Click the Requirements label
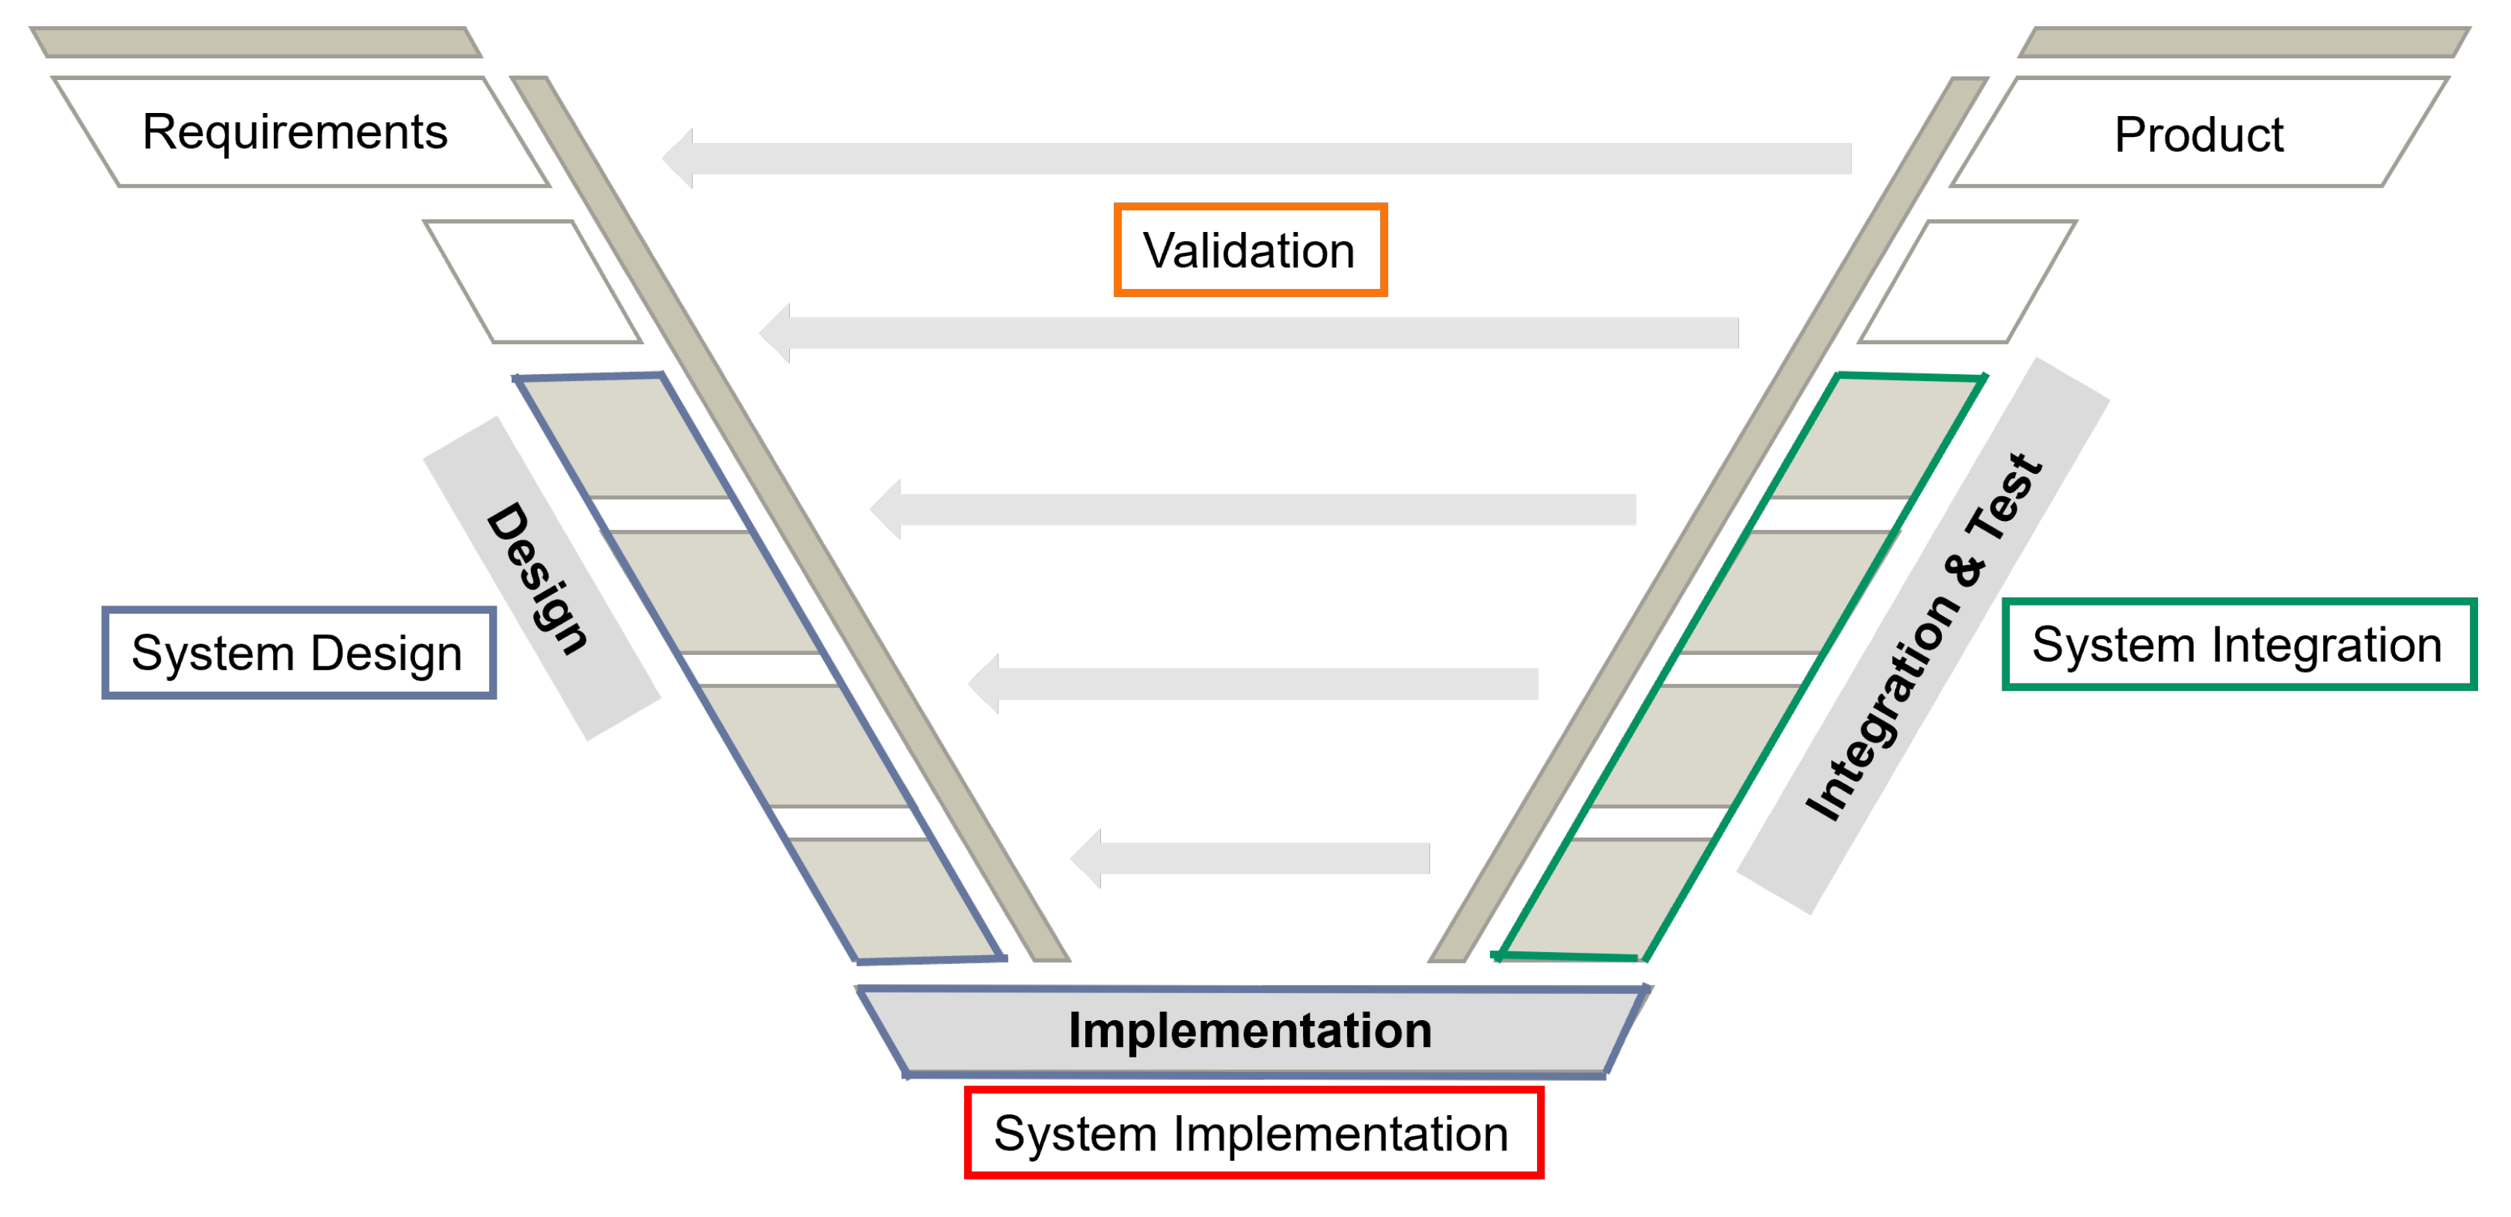point(295,132)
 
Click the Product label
point(2198,135)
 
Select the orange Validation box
point(1250,251)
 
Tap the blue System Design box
point(298,653)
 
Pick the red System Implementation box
point(1253,1133)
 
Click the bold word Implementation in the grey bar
point(1250,1031)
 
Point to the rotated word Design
point(538,579)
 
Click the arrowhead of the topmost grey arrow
point(678,158)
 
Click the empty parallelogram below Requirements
point(533,282)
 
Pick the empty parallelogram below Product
point(1967,282)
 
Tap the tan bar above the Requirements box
point(255,43)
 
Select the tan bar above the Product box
point(2244,43)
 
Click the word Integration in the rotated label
point(1881,707)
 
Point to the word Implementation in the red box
point(1340,1133)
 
